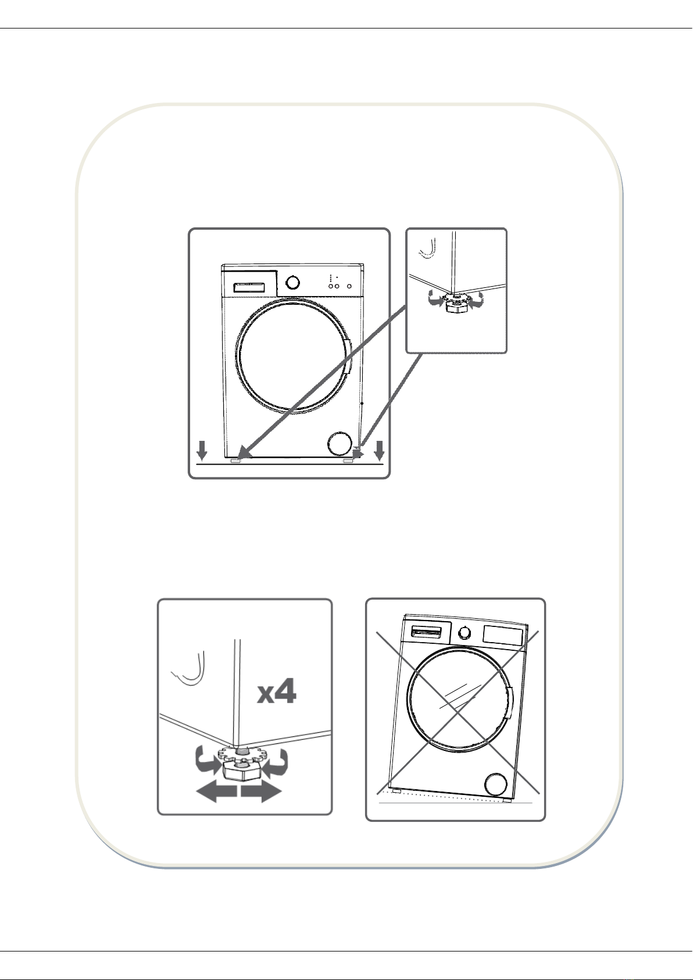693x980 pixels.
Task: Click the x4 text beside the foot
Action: pos(276,692)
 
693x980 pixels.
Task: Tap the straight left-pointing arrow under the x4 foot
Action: pos(216,792)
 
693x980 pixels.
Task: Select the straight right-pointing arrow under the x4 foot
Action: pos(261,792)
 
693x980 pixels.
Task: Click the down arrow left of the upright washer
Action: pos(202,450)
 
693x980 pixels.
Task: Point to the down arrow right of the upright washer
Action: pos(380,450)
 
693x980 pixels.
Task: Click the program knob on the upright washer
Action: pos(292,282)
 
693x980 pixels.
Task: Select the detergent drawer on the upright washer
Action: pos(249,287)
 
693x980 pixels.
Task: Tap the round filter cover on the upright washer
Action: pos(340,444)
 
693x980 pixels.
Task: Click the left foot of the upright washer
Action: pos(235,461)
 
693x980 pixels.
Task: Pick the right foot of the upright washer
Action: pos(348,461)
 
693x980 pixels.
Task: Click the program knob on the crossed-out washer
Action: pos(465,633)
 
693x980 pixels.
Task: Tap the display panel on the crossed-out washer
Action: pos(503,635)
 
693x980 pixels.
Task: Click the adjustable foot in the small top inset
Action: pos(456,303)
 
